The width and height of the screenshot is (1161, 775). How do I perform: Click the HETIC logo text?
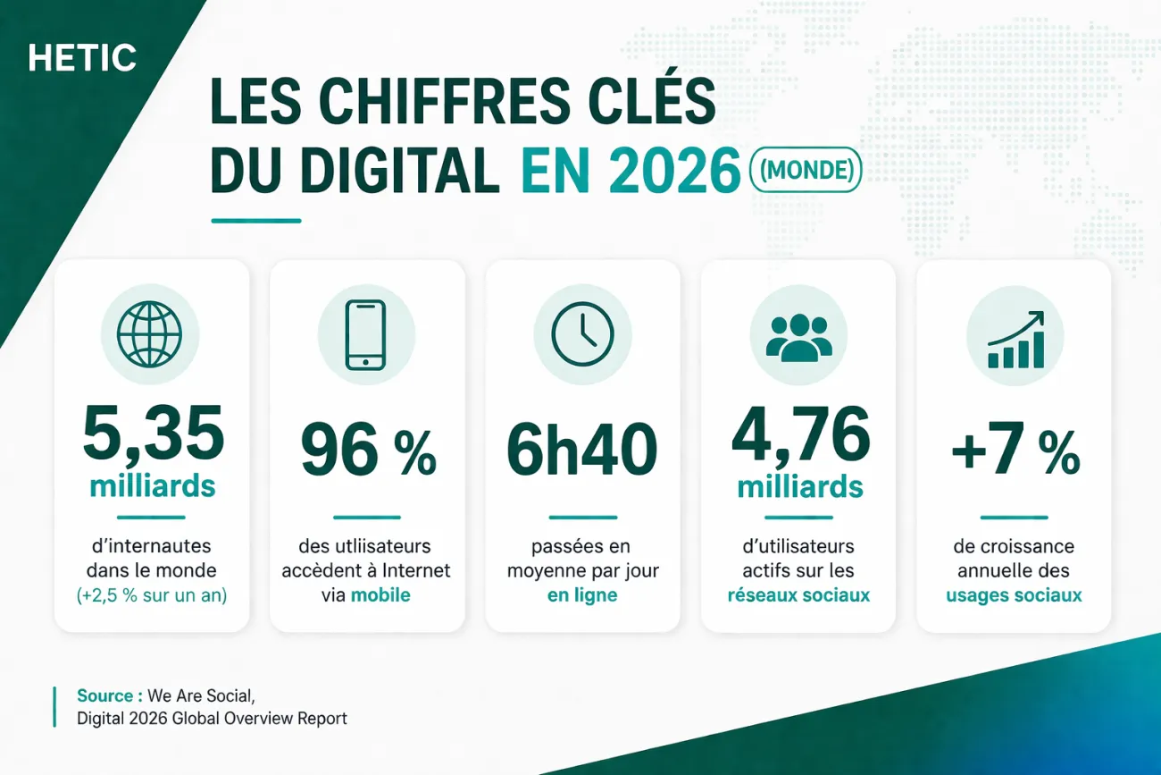coord(82,59)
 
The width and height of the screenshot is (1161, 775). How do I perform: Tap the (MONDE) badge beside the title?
coord(806,169)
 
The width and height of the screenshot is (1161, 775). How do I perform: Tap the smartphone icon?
coord(366,334)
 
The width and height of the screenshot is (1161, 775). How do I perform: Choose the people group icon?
coord(798,336)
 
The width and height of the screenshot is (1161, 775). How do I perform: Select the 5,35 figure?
coord(153,434)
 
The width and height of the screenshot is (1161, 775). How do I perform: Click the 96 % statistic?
coord(368,451)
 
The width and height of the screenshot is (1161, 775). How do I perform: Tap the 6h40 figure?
coord(582,451)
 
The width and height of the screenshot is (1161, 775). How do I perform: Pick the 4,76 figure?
coord(800,434)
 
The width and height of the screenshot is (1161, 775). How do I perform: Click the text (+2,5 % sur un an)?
coord(152,595)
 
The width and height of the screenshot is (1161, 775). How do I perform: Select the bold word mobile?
coord(380,595)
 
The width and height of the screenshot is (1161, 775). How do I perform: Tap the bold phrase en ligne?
coord(582,595)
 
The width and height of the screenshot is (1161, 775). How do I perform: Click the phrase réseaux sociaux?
coord(798,595)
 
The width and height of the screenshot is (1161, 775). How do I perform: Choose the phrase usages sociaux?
coord(1014,595)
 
